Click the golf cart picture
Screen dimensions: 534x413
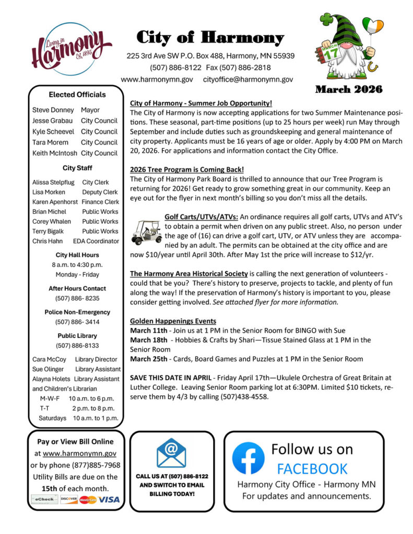coord(146,232)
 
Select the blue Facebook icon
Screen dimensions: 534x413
coord(248,457)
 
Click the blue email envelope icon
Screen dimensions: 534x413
coord(171,453)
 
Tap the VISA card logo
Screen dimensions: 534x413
coord(109,500)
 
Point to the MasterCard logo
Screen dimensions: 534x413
coord(88,500)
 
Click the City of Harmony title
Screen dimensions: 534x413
coord(210,38)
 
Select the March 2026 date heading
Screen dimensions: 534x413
coord(348,89)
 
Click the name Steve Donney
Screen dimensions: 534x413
coord(53,110)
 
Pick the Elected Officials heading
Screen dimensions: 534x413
coord(77,94)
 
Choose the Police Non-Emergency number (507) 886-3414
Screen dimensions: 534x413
coord(77,322)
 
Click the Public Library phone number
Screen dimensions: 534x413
coord(77,345)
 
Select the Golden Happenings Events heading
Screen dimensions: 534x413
coord(173,321)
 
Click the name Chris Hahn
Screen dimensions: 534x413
coord(47,241)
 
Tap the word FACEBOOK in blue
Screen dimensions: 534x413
coord(312,468)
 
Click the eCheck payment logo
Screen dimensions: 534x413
coord(44,500)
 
